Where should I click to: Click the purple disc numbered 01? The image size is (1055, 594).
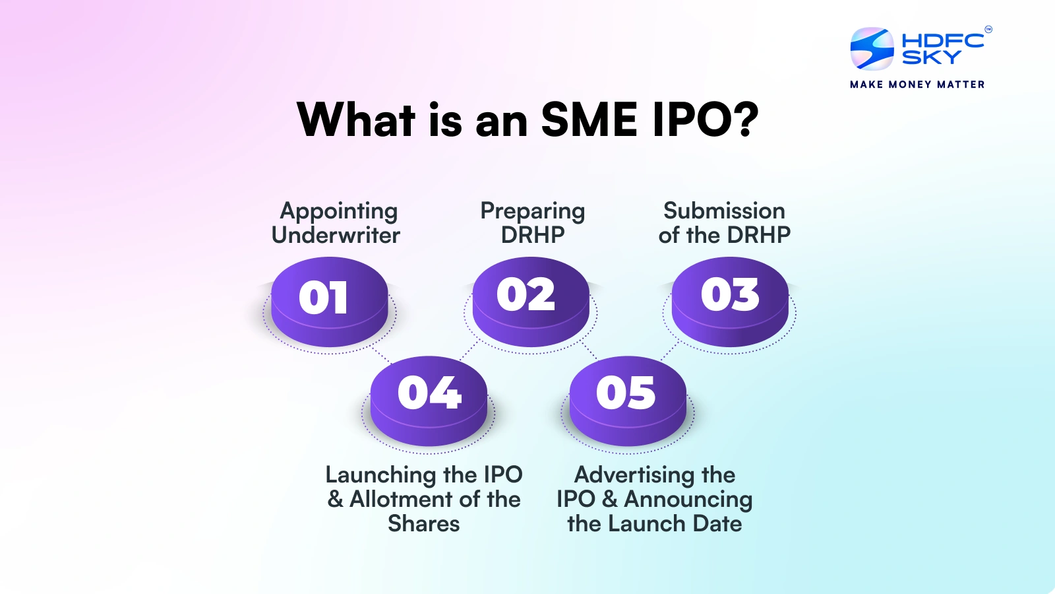(330, 300)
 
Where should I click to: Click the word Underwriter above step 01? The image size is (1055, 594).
(336, 236)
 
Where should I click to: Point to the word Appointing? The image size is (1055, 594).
(339, 211)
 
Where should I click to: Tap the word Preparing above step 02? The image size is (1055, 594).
(533, 211)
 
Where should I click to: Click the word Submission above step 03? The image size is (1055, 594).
(724, 211)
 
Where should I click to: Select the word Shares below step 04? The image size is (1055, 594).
(424, 523)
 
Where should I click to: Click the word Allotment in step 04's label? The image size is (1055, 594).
(404, 500)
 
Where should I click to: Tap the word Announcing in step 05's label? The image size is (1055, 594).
(688, 500)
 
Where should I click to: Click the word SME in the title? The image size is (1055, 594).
(589, 120)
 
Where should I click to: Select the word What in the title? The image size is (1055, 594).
(356, 120)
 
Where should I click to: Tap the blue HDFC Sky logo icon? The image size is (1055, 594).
(872, 49)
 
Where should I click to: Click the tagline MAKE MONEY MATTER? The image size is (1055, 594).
(917, 84)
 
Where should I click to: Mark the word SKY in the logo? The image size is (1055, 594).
(931, 58)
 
